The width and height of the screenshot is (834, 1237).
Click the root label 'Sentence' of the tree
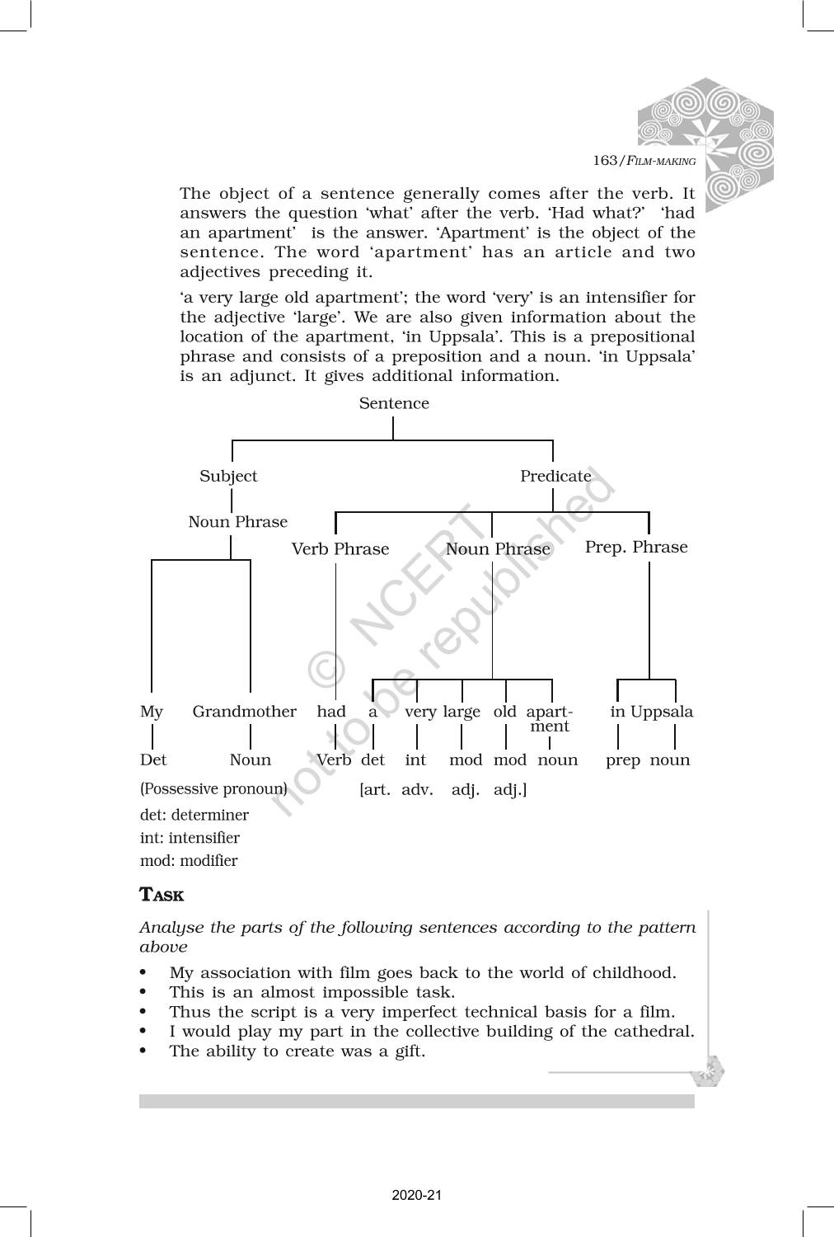[394, 403]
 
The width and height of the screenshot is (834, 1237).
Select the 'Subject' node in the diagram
[228, 476]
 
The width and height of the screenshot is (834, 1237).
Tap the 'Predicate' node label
[555, 476]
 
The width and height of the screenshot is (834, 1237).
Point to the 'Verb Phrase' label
[340, 549]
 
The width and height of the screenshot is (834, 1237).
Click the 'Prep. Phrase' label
[635, 547]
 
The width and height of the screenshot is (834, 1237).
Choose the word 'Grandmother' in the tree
[244, 712]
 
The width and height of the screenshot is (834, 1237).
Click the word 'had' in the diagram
[331, 712]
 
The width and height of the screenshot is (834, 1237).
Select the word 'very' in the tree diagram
[420, 712]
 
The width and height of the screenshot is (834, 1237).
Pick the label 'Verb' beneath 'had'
[334, 760]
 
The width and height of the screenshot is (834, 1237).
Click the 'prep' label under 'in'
[623, 760]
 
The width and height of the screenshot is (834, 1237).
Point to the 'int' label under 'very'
[415, 760]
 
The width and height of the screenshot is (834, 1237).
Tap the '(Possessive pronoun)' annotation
[213, 788]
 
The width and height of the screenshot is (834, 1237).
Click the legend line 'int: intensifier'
[190, 838]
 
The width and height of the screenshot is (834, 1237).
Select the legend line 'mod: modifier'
[189, 861]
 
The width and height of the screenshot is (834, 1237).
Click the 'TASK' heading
[162, 895]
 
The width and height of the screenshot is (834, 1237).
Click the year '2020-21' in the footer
[417, 1195]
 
